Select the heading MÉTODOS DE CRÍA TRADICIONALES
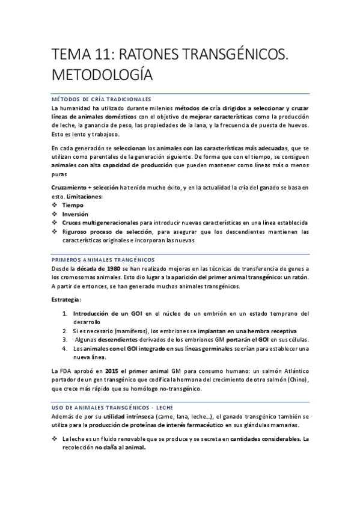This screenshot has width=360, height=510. click(x=100, y=99)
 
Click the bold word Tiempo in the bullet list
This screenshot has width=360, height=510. click(x=73, y=205)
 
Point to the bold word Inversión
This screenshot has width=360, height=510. click(x=75, y=214)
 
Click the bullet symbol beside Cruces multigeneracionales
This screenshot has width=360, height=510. click(x=55, y=223)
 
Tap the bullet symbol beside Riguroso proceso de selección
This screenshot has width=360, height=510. click(x=55, y=231)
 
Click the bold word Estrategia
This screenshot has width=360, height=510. click(x=66, y=300)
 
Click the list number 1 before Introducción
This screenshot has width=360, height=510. click(x=65, y=313)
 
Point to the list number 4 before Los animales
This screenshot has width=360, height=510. click(x=65, y=348)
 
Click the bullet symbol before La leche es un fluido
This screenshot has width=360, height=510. click(x=55, y=439)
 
